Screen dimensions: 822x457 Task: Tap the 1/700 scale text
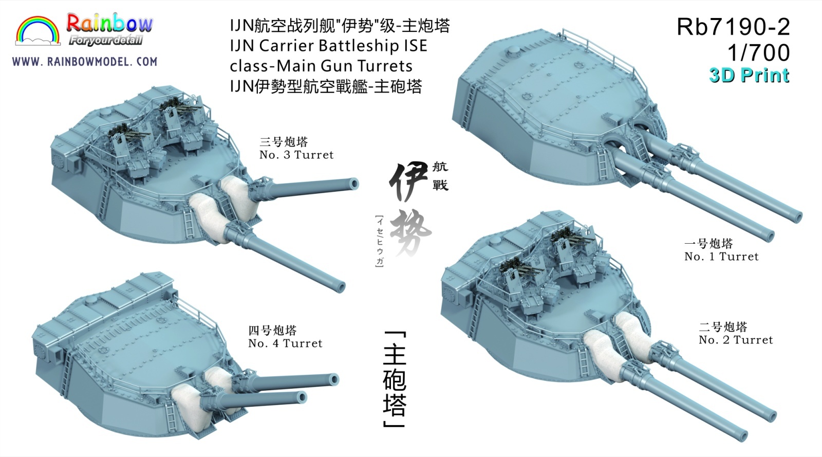pyautogui.click(x=759, y=52)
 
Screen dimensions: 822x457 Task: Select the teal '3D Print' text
pyautogui.click(x=749, y=75)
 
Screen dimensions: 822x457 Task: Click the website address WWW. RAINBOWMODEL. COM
pyautogui.click(x=85, y=61)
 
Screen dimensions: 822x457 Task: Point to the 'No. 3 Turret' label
pyautogui.click(x=296, y=155)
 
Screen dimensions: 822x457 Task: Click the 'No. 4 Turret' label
pyautogui.click(x=285, y=343)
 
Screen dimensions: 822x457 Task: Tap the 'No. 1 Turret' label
pyautogui.click(x=721, y=257)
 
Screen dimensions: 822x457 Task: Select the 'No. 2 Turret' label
pyautogui.click(x=735, y=340)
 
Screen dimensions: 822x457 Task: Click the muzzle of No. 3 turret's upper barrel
pyautogui.click(x=354, y=184)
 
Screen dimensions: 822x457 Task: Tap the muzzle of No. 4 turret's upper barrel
pyautogui.click(x=333, y=379)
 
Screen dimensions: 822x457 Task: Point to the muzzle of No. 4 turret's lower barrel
pyautogui.click(x=301, y=397)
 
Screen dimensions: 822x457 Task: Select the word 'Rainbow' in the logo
pyautogui.click(x=109, y=24)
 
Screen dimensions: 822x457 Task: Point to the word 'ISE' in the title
pyautogui.click(x=415, y=46)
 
